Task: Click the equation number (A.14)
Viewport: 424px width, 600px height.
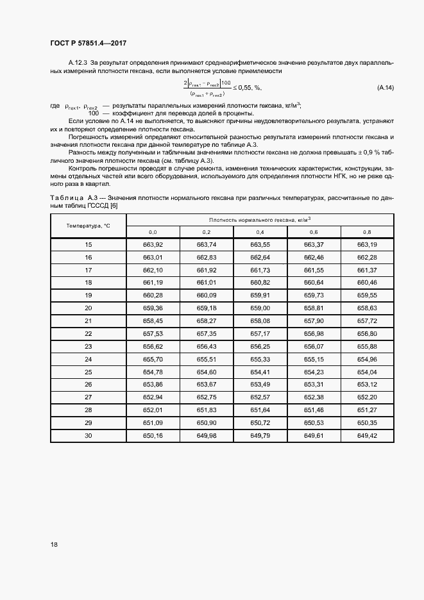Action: [385, 87]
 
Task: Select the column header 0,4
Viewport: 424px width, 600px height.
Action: [260, 231]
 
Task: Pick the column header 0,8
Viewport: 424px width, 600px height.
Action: [367, 231]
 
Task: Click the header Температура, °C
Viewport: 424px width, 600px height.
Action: [89, 226]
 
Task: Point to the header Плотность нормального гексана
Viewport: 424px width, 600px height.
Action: [260, 219]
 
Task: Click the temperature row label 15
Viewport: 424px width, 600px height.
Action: [89, 245]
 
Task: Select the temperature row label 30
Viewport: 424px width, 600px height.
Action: [89, 435]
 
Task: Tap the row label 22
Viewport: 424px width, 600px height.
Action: [89, 334]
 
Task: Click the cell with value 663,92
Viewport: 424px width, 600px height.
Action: [153, 245]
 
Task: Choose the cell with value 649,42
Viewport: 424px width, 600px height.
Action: [367, 435]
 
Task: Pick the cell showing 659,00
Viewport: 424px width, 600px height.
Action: [260, 308]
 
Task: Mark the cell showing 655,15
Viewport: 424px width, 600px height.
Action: [314, 359]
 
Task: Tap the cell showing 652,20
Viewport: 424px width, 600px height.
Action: [367, 397]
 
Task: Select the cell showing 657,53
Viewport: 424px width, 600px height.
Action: [153, 334]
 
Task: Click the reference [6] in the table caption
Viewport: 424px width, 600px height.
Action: [114, 206]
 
